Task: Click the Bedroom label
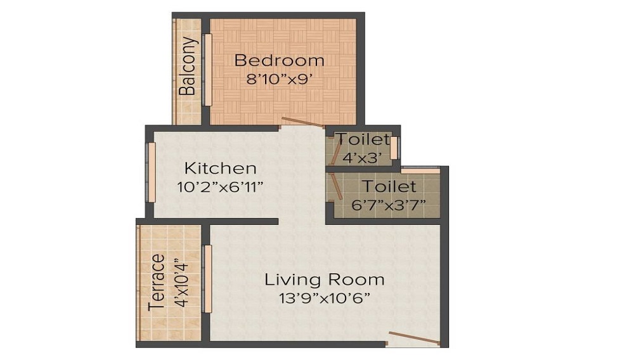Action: [x=280, y=61]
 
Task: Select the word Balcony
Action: [x=187, y=67]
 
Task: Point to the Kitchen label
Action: [x=220, y=169]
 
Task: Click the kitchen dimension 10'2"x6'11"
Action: [x=220, y=187]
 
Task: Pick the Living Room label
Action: [x=324, y=280]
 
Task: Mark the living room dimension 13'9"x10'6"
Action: [x=324, y=298]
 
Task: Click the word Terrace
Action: [x=157, y=283]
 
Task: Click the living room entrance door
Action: [x=413, y=338]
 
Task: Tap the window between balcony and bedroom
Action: [x=206, y=70]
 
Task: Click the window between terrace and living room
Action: [x=207, y=278]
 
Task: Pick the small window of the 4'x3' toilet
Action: [x=394, y=148]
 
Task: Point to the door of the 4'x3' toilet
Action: [x=330, y=151]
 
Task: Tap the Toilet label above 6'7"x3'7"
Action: [x=389, y=187]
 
